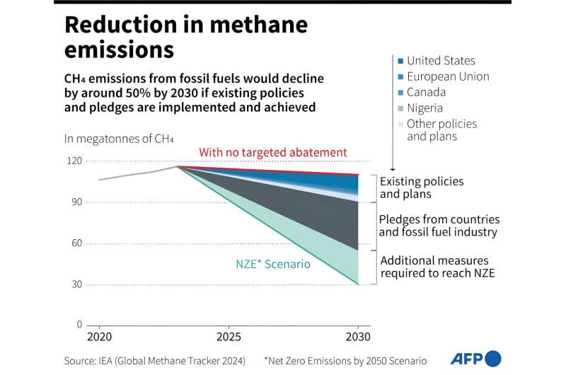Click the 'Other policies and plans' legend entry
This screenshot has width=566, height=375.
tap(441, 130)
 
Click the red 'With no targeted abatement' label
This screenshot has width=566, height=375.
tap(272, 152)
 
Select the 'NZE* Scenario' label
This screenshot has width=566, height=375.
tap(273, 264)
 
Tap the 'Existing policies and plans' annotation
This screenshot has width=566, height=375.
tap(422, 187)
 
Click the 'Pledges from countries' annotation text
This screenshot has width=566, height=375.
tap(439, 220)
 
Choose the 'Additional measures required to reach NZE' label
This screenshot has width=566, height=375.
tap(437, 266)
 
